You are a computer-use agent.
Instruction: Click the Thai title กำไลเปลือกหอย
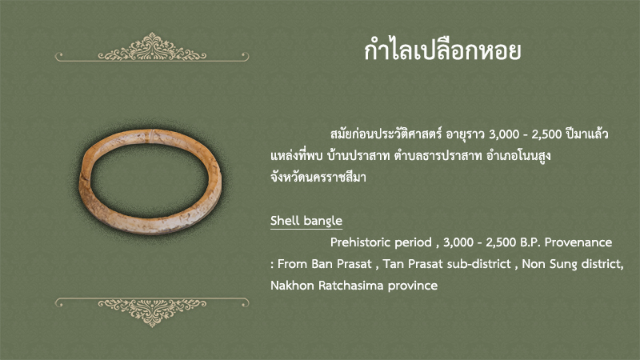[x=442, y=50]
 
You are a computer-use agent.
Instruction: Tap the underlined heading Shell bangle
[x=306, y=221]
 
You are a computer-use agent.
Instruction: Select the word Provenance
[x=578, y=242]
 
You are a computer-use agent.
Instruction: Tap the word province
[x=413, y=286]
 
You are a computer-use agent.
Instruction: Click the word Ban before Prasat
[x=322, y=264]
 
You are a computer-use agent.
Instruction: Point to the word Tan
[x=394, y=264]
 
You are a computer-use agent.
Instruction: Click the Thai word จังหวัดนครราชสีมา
[x=318, y=177]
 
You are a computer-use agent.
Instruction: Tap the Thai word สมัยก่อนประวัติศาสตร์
[x=386, y=134]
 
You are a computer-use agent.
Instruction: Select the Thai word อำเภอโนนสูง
[x=518, y=155]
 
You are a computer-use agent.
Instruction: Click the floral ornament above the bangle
[x=152, y=47]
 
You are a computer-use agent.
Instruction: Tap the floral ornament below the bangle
[x=152, y=312]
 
